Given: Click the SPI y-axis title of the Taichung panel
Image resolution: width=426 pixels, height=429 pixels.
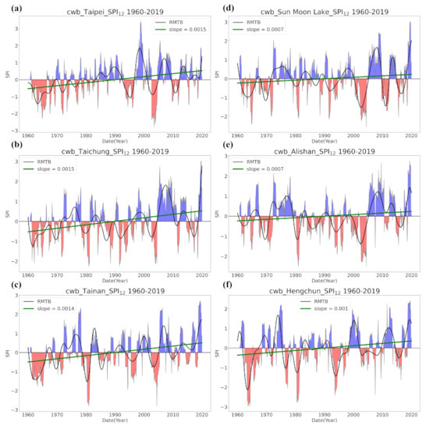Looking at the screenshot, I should [8, 221].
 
